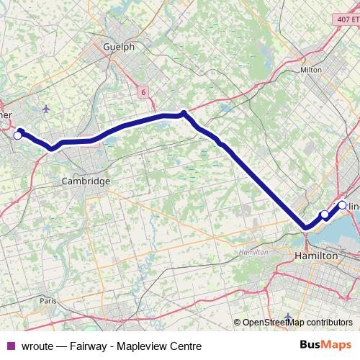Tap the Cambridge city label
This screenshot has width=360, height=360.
click(86, 181)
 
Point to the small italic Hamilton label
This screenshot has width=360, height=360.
click(253, 252)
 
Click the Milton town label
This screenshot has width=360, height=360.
click(311, 70)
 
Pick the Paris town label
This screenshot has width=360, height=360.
click(48, 300)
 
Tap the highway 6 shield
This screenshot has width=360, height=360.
click(143, 91)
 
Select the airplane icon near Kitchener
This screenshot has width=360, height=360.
click(47, 109)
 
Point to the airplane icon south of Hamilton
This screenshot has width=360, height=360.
click(288, 317)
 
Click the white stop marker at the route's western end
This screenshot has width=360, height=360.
click(18, 135)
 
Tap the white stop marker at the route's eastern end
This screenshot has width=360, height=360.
click(342, 204)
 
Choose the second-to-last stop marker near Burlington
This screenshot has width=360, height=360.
click(325, 215)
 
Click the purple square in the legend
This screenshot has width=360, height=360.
click(10, 346)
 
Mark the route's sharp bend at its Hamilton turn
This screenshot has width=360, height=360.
click(307, 228)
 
